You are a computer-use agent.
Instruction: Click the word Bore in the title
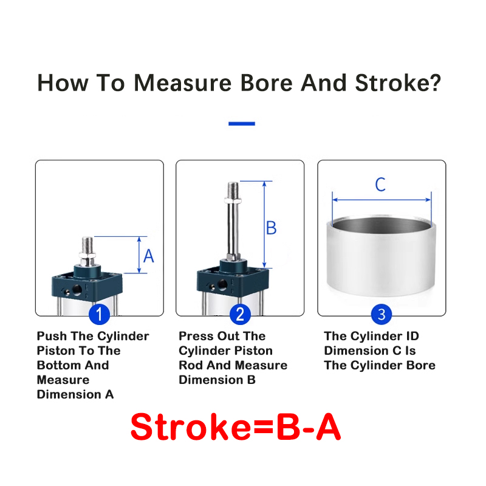[266, 83]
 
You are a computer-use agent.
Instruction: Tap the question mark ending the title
[435, 83]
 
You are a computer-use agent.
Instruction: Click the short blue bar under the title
[242, 124]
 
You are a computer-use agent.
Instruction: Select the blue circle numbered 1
[99, 314]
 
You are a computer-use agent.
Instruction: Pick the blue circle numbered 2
[240, 314]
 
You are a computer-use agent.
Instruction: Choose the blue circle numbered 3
[382, 314]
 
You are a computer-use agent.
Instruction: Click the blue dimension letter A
[149, 256]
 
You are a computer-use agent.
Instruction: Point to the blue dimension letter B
[271, 228]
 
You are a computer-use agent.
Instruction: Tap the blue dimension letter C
[380, 185]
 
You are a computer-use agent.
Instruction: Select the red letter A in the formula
[328, 427]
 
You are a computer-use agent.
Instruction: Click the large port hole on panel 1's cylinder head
[77, 290]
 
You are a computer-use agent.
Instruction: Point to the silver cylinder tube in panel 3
[382, 257]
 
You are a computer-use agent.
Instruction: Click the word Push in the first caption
[52, 336]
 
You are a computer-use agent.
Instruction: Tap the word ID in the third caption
[411, 336]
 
